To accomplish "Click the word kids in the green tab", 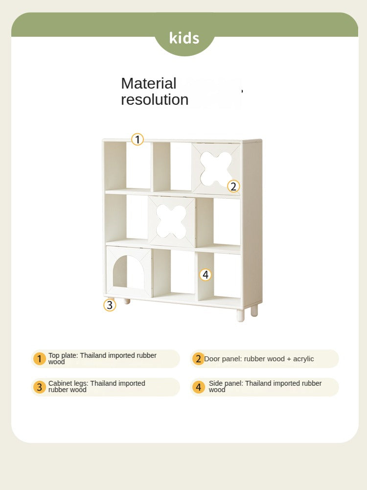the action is click(184, 38).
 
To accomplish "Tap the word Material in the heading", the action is click(149, 83).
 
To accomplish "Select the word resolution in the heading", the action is click(155, 100).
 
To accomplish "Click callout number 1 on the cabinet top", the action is click(138, 140).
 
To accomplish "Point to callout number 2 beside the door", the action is click(233, 187).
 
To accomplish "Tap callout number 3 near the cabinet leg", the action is click(110, 305).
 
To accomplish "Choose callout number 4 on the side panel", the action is click(206, 275).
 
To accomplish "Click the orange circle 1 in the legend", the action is click(39, 359).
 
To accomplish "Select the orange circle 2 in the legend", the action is click(198, 359).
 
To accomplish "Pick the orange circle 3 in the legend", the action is click(39, 387).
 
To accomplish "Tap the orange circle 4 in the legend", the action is click(198, 387).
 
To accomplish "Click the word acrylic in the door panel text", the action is click(303, 359).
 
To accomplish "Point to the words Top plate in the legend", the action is click(63, 355).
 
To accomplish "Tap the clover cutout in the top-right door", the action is click(216, 168).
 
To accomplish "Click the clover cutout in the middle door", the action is click(171, 221).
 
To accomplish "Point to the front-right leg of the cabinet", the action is click(240, 315).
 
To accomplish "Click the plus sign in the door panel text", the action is click(289, 359).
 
